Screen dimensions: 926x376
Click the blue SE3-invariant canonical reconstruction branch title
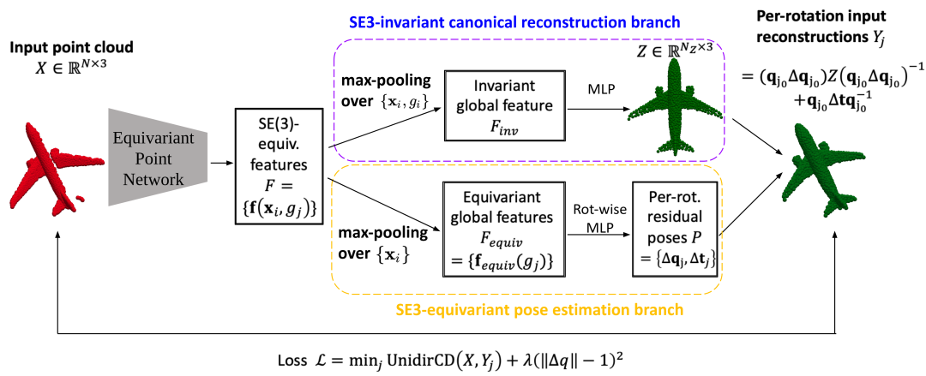tap(512, 24)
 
